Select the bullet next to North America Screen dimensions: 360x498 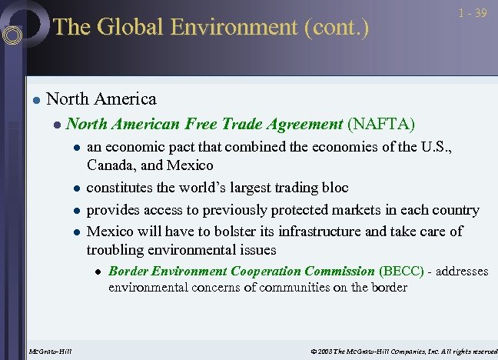point(35,100)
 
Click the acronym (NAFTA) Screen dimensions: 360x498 point(381,124)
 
